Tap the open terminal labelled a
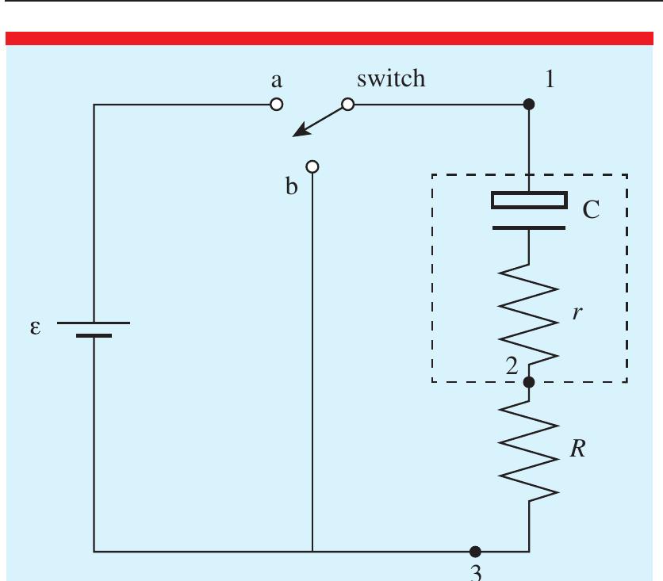tap(276, 105)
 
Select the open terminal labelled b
tap(312, 166)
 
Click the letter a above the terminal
tap(277, 81)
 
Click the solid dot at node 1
tap(530, 105)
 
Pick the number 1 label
tap(550, 79)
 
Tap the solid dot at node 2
tap(530, 382)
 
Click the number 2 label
tap(512, 365)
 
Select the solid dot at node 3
tap(474, 550)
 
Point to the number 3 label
tap(475, 573)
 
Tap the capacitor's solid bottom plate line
tap(529, 227)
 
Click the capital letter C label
tap(591, 211)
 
